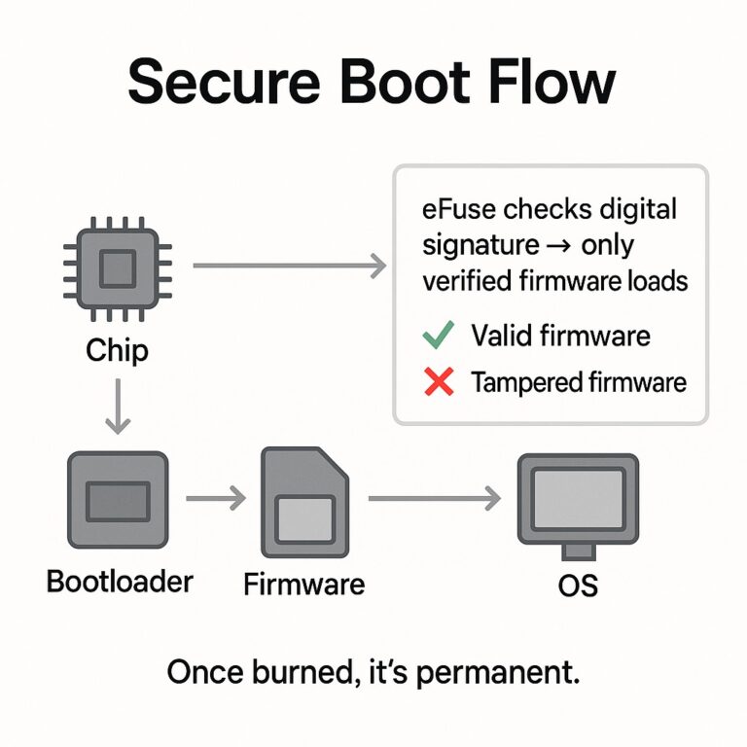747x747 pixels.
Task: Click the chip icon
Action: click(x=118, y=265)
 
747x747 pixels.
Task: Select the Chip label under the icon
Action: click(x=117, y=349)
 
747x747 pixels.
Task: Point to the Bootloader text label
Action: click(x=120, y=582)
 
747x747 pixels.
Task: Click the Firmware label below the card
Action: click(x=303, y=584)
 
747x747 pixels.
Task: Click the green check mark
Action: click(x=439, y=337)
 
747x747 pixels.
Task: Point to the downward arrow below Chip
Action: click(x=118, y=406)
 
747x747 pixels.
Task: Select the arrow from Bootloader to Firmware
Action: click(x=215, y=500)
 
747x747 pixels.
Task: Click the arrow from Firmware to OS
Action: click(x=433, y=500)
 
